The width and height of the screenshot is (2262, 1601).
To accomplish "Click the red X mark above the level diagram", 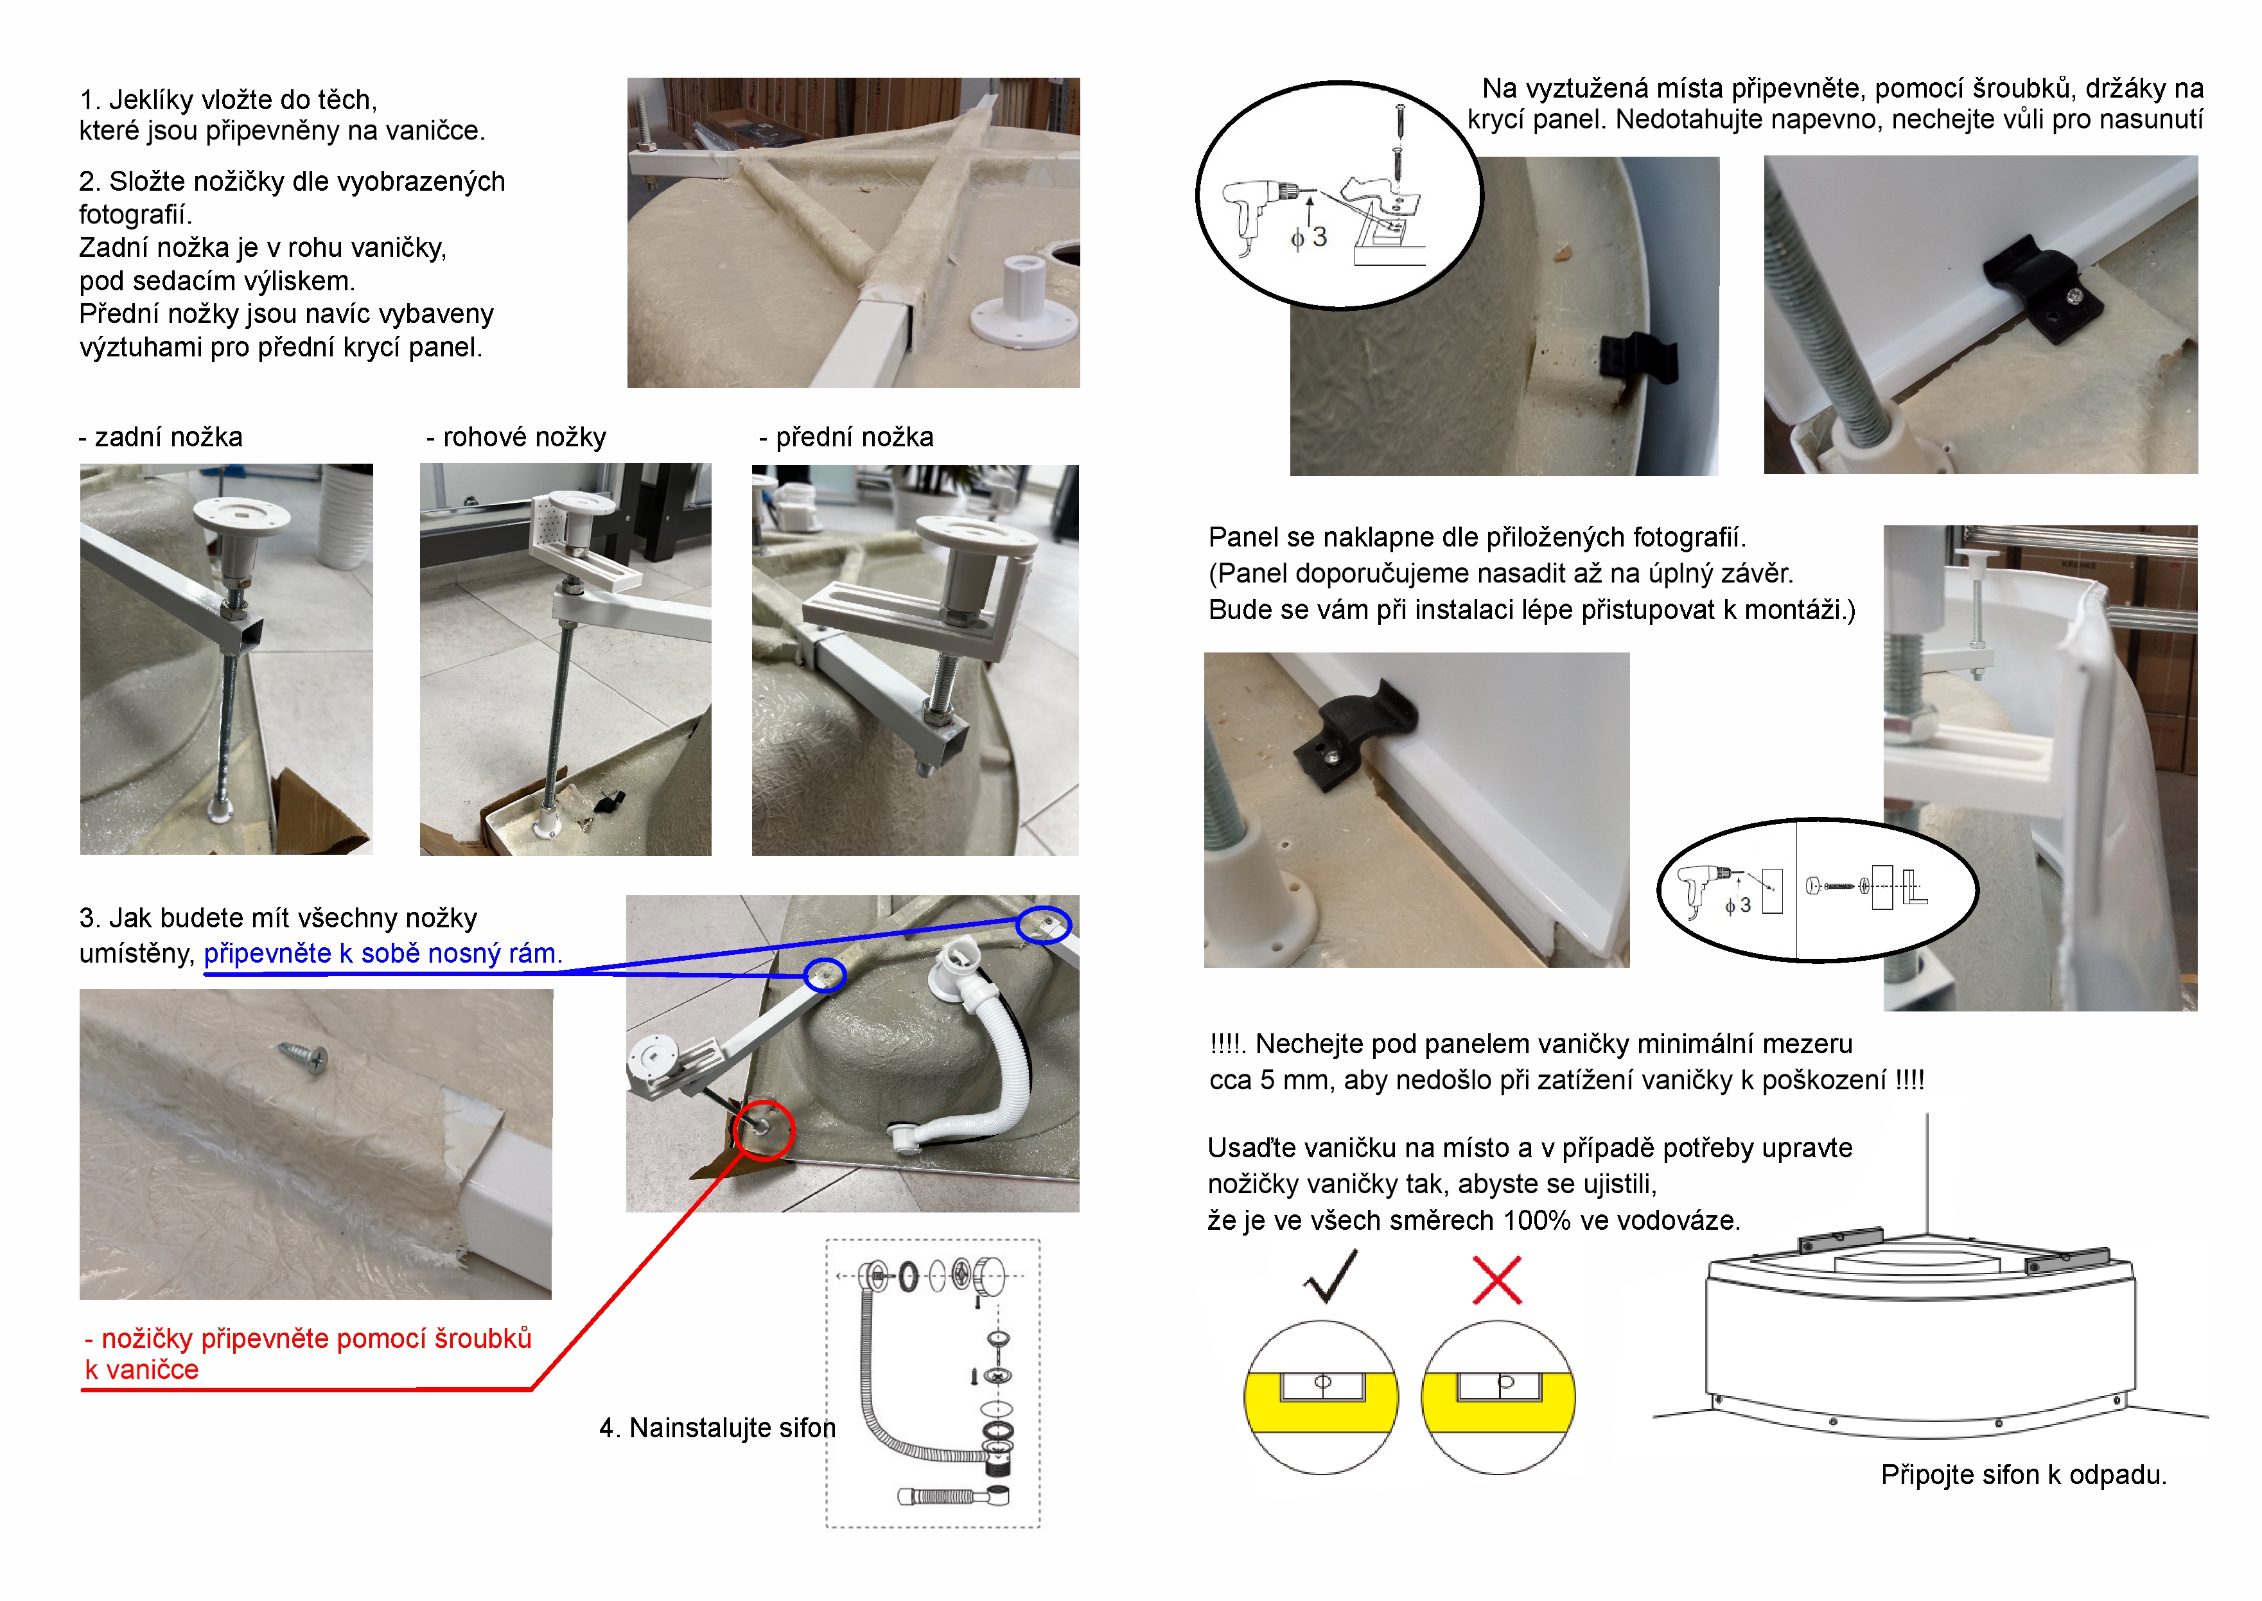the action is [x=1497, y=1280].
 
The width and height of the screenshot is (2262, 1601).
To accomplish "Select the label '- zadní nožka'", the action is [x=161, y=437].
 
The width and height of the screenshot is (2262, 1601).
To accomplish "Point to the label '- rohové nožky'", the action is [x=516, y=437].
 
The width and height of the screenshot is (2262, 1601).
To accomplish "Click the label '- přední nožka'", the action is [x=846, y=437].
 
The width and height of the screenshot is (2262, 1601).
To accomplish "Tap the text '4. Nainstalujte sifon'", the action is [x=717, y=1428].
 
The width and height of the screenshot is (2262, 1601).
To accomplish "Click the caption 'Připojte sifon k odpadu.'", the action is [x=2024, y=1475].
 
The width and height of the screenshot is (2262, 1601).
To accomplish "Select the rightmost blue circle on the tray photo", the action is [x=1043, y=925].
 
